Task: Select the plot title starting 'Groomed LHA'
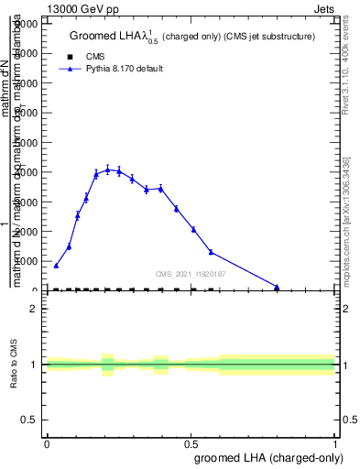192,37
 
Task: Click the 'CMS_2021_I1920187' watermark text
191,274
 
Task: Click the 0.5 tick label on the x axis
191,443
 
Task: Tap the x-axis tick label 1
335,443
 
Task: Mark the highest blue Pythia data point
108,169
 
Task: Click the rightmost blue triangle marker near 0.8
277,287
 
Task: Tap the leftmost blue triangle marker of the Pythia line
56,266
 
